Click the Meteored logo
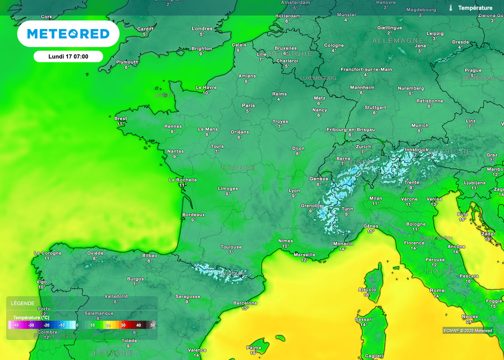click(68, 33)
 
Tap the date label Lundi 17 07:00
click(68, 57)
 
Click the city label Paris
click(249, 105)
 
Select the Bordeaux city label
click(193, 214)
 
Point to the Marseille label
click(304, 254)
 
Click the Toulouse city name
click(231, 247)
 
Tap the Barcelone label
click(245, 303)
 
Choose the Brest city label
click(121, 119)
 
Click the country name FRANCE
click(239, 168)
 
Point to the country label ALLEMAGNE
click(398, 40)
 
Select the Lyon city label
click(294, 190)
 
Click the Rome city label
click(437, 291)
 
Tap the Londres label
click(202, 29)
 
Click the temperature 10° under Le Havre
click(206, 92)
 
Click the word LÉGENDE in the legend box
click(23, 303)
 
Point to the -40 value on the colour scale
click(16, 325)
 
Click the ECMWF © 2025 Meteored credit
click(468, 330)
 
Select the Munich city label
click(420, 125)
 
